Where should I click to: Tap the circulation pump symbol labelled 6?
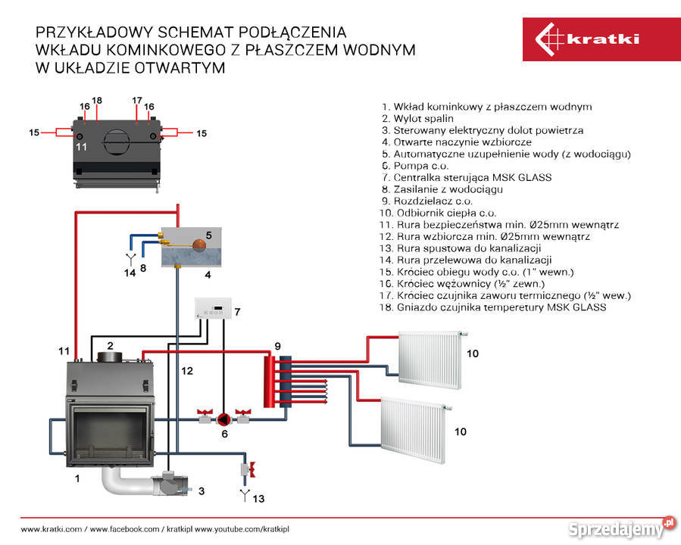(224, 418)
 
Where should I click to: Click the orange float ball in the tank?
(199, 244)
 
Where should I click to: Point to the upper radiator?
(430, 359)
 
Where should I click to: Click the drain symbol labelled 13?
(245, 497)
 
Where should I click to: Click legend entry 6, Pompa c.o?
(415, 166)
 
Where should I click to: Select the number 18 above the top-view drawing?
(97, 100)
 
